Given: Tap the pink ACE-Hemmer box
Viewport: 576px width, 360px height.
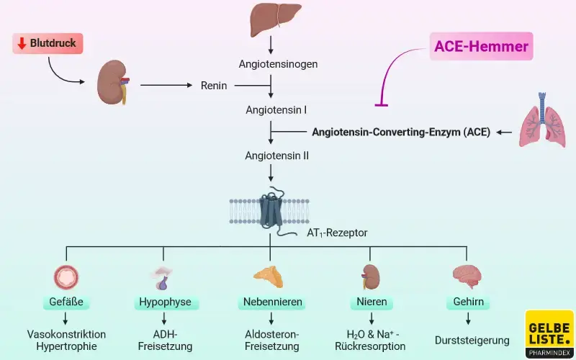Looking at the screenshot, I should (482, 48).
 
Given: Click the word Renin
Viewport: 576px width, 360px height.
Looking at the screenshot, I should (214, 86).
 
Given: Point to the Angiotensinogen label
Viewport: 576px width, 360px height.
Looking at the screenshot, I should (279, 63).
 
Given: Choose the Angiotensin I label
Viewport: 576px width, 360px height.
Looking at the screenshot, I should (276, 110).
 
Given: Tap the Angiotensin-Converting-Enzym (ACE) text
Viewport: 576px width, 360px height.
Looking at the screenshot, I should (400, 132).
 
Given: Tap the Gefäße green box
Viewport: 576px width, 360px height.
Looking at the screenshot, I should (66, 302).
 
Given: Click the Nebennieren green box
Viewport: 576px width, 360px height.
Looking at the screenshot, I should (270, 302).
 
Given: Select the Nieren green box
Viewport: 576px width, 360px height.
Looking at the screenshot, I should (372, 302).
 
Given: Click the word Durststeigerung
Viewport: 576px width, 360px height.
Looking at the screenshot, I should (472, 340).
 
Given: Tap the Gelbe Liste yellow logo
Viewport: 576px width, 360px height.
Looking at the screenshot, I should (549, 333).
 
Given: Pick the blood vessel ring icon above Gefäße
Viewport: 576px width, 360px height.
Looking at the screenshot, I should (66, 277).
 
